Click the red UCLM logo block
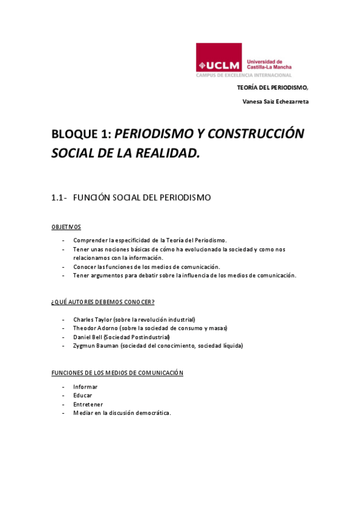(x=219, y=58)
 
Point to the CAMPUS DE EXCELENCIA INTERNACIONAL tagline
(x=243, y=75)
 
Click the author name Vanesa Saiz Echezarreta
(x=275, y=102)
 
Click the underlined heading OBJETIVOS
(x=66, y=227)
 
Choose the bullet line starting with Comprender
(x=150, y=240)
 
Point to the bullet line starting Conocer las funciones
(x=147, y=266)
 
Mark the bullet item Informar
(x=85, y=387)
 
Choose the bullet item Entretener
(x=88, y=404)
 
